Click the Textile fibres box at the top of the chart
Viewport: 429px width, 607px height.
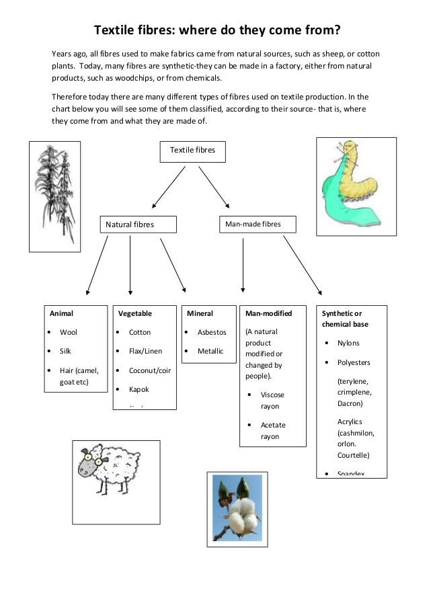coord(192,152)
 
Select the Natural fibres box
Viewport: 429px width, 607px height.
coord(138,225)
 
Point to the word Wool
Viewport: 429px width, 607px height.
coord(69,332)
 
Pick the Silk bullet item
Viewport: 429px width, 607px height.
coord(65,351)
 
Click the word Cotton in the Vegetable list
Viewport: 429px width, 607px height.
coord(140,332)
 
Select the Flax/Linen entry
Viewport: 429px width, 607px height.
coord(145,351)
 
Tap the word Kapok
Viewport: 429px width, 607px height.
coord(139,389)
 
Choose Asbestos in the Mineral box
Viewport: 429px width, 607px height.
coord(212,332)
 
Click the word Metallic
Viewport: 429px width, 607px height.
coord(210,351)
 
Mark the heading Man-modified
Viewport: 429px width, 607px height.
coord(264,313)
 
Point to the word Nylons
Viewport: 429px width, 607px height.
coord(348,343)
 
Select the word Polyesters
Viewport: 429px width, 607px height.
coord(354,362)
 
